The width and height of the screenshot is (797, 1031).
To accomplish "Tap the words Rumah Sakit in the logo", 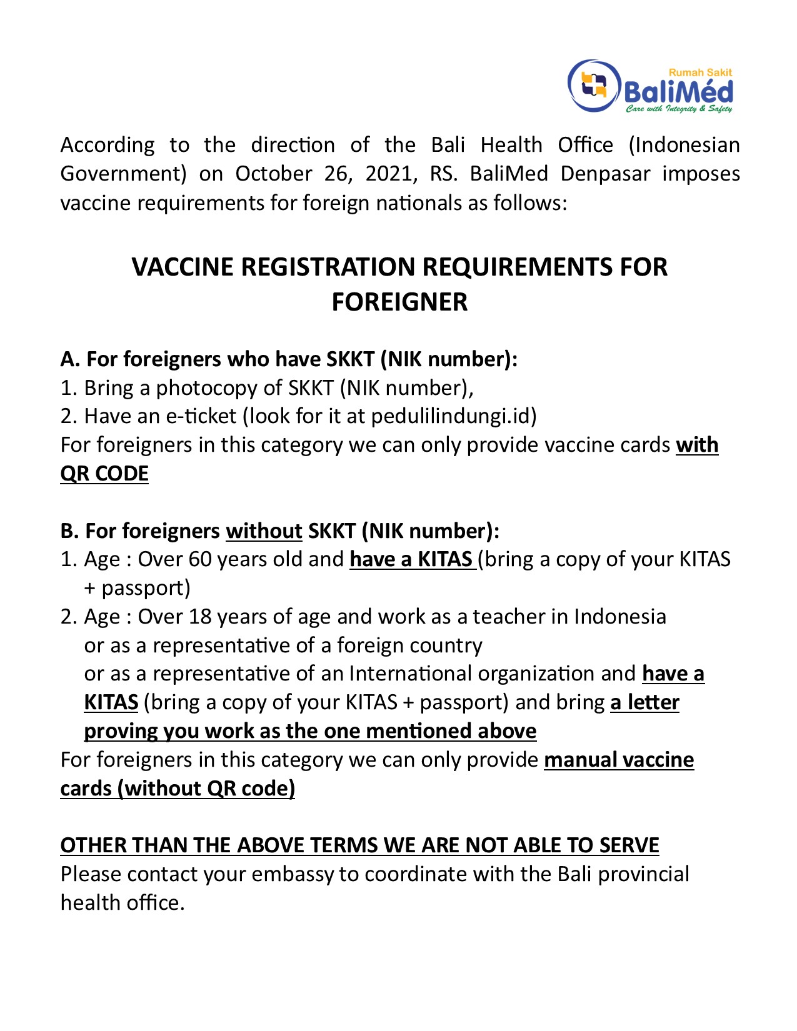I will tap(700, 72).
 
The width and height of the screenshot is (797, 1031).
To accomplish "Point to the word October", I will tap(273, 174).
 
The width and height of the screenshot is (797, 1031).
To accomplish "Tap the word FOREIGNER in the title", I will tap(399, 302).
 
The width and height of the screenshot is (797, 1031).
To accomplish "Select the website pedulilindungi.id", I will tap(454, 416).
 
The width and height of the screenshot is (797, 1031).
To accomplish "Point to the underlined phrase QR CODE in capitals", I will tap(104, 474).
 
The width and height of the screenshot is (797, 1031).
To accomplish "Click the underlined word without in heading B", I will tap(264, 531).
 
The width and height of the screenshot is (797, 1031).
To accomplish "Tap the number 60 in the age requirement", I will tap(200, 559).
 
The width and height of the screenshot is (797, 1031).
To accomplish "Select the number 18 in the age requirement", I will tap(200, 617).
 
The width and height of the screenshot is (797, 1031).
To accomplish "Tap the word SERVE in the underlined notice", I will tap(629, 845).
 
